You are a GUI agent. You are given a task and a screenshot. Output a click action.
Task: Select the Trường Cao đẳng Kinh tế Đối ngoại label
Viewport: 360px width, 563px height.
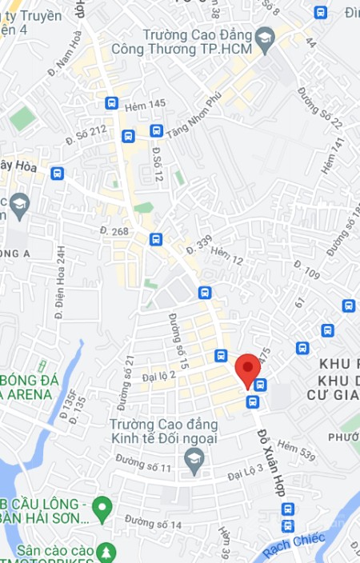(163, 431)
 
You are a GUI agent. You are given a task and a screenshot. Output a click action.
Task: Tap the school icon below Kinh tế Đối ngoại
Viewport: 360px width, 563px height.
(193, 458)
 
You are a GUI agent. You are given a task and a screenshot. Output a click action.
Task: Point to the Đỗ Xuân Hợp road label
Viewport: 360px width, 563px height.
(271, 463)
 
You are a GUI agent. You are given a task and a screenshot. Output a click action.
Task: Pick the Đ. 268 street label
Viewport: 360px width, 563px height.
(114, 231)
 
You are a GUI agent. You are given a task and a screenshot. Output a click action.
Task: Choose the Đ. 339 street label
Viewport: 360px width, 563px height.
(198, 246)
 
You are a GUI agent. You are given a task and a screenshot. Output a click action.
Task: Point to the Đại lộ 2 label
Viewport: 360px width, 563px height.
(158, 373)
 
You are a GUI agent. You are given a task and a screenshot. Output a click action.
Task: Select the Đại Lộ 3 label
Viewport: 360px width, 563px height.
(245, 474)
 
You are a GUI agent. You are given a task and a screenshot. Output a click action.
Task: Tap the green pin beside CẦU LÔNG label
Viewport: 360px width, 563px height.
(102, 505)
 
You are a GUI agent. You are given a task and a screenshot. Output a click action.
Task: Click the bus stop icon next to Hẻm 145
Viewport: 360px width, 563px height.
(111, 103)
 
